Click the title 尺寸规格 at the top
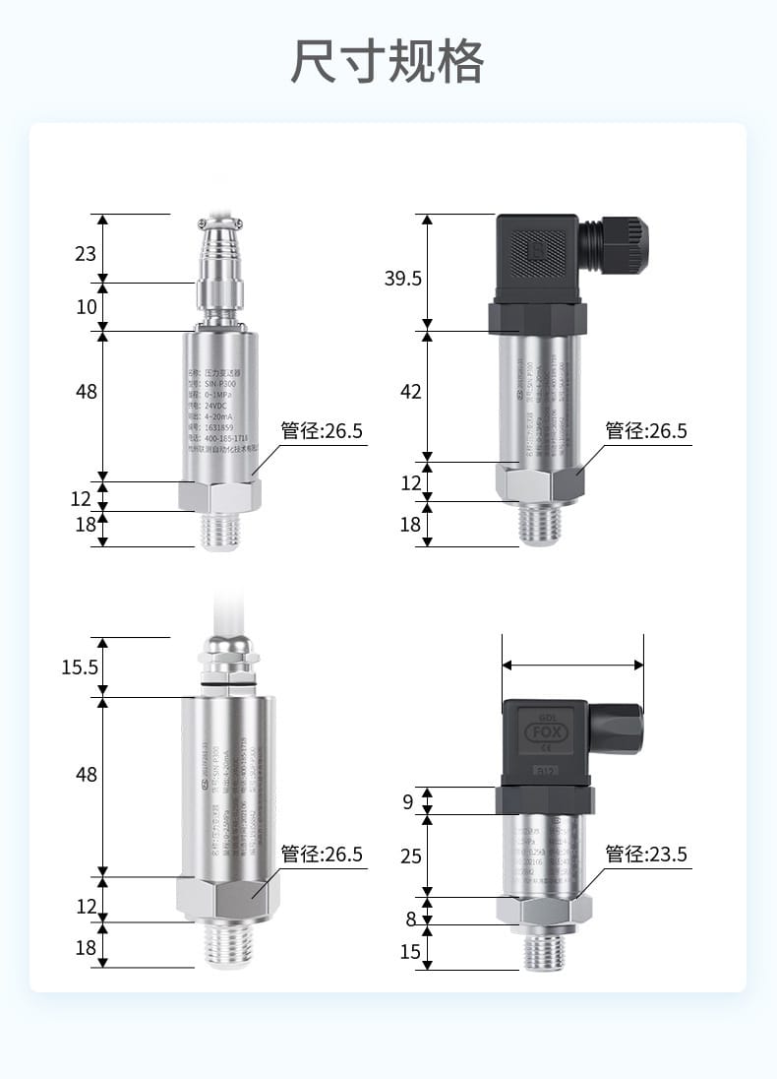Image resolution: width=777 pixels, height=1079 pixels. click(388, 61)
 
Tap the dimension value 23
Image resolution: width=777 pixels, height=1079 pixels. click(86, 254)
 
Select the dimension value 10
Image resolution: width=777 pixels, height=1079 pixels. click(86, 307)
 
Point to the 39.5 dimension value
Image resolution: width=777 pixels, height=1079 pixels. click(402, 279)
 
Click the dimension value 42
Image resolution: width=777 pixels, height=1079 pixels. click(410, 392)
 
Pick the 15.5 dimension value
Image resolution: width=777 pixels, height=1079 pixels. click(80, 667)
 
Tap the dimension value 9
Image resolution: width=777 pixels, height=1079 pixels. click(408, 801)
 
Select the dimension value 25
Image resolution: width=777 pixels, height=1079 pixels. click(410, 857)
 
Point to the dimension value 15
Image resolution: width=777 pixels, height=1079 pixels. click(410, 952)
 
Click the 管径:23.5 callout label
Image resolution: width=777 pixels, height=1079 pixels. click(645, 854)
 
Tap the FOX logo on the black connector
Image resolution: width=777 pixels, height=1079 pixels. click(545, 732)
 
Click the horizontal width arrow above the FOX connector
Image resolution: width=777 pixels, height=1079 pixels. click(572, 666)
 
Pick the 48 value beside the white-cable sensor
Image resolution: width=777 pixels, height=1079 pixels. click(86, 775)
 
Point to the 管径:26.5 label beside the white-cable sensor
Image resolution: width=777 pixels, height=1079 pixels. click(322, 854)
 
